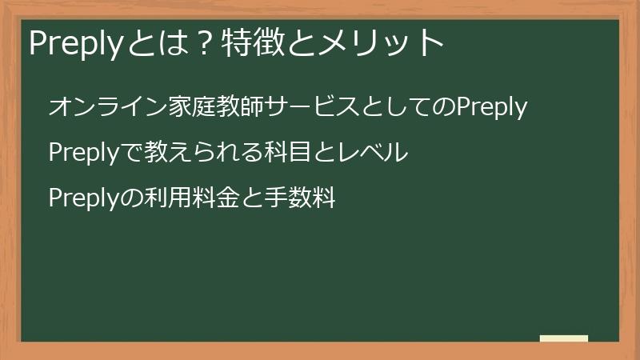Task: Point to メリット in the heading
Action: pos(384,42)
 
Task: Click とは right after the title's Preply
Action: pos(154,42)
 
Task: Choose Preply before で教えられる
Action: pos(83,152)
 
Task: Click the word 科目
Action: pos(288,152)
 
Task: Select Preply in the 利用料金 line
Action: pos(83,197)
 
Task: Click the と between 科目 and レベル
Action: pos(326,152)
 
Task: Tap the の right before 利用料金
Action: pos(129,197)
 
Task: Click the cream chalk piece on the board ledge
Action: pos(563,338)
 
